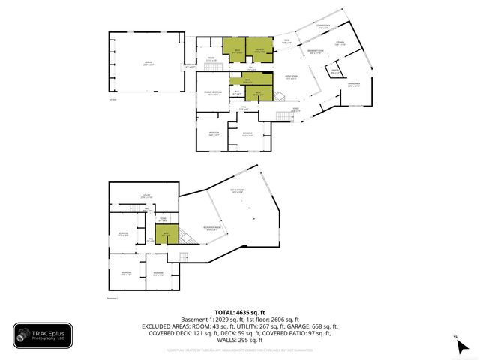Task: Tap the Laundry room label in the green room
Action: click(259, 51)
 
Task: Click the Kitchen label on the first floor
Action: click(340, 43)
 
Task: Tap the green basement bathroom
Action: click(166, 235)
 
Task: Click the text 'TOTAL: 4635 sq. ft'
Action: click(239, 312)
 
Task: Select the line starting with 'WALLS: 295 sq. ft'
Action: click(239, 341)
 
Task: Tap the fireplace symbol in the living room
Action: click(278, 96)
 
